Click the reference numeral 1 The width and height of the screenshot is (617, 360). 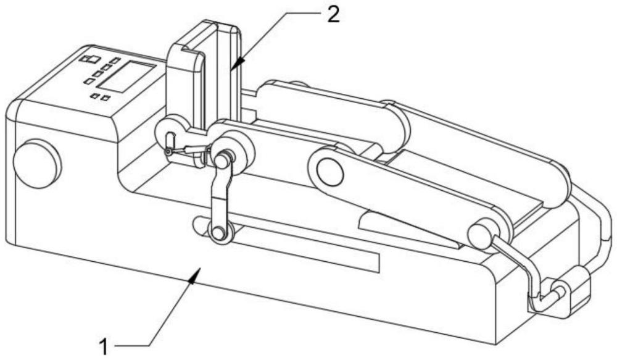[104, 347]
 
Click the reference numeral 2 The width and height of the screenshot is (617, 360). [333, 15]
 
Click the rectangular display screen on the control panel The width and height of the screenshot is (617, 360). [126, 77]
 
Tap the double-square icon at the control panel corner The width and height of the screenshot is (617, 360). [90, 59]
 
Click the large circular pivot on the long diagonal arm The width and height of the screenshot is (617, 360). [329, 171]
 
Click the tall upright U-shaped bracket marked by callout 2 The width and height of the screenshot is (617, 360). [202, 75]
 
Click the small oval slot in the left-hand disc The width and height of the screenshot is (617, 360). [170, 140]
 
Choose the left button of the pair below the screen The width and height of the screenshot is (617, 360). [94, 96]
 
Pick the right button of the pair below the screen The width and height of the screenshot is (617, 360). [105, 98]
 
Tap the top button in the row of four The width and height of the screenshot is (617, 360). [115, 61]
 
